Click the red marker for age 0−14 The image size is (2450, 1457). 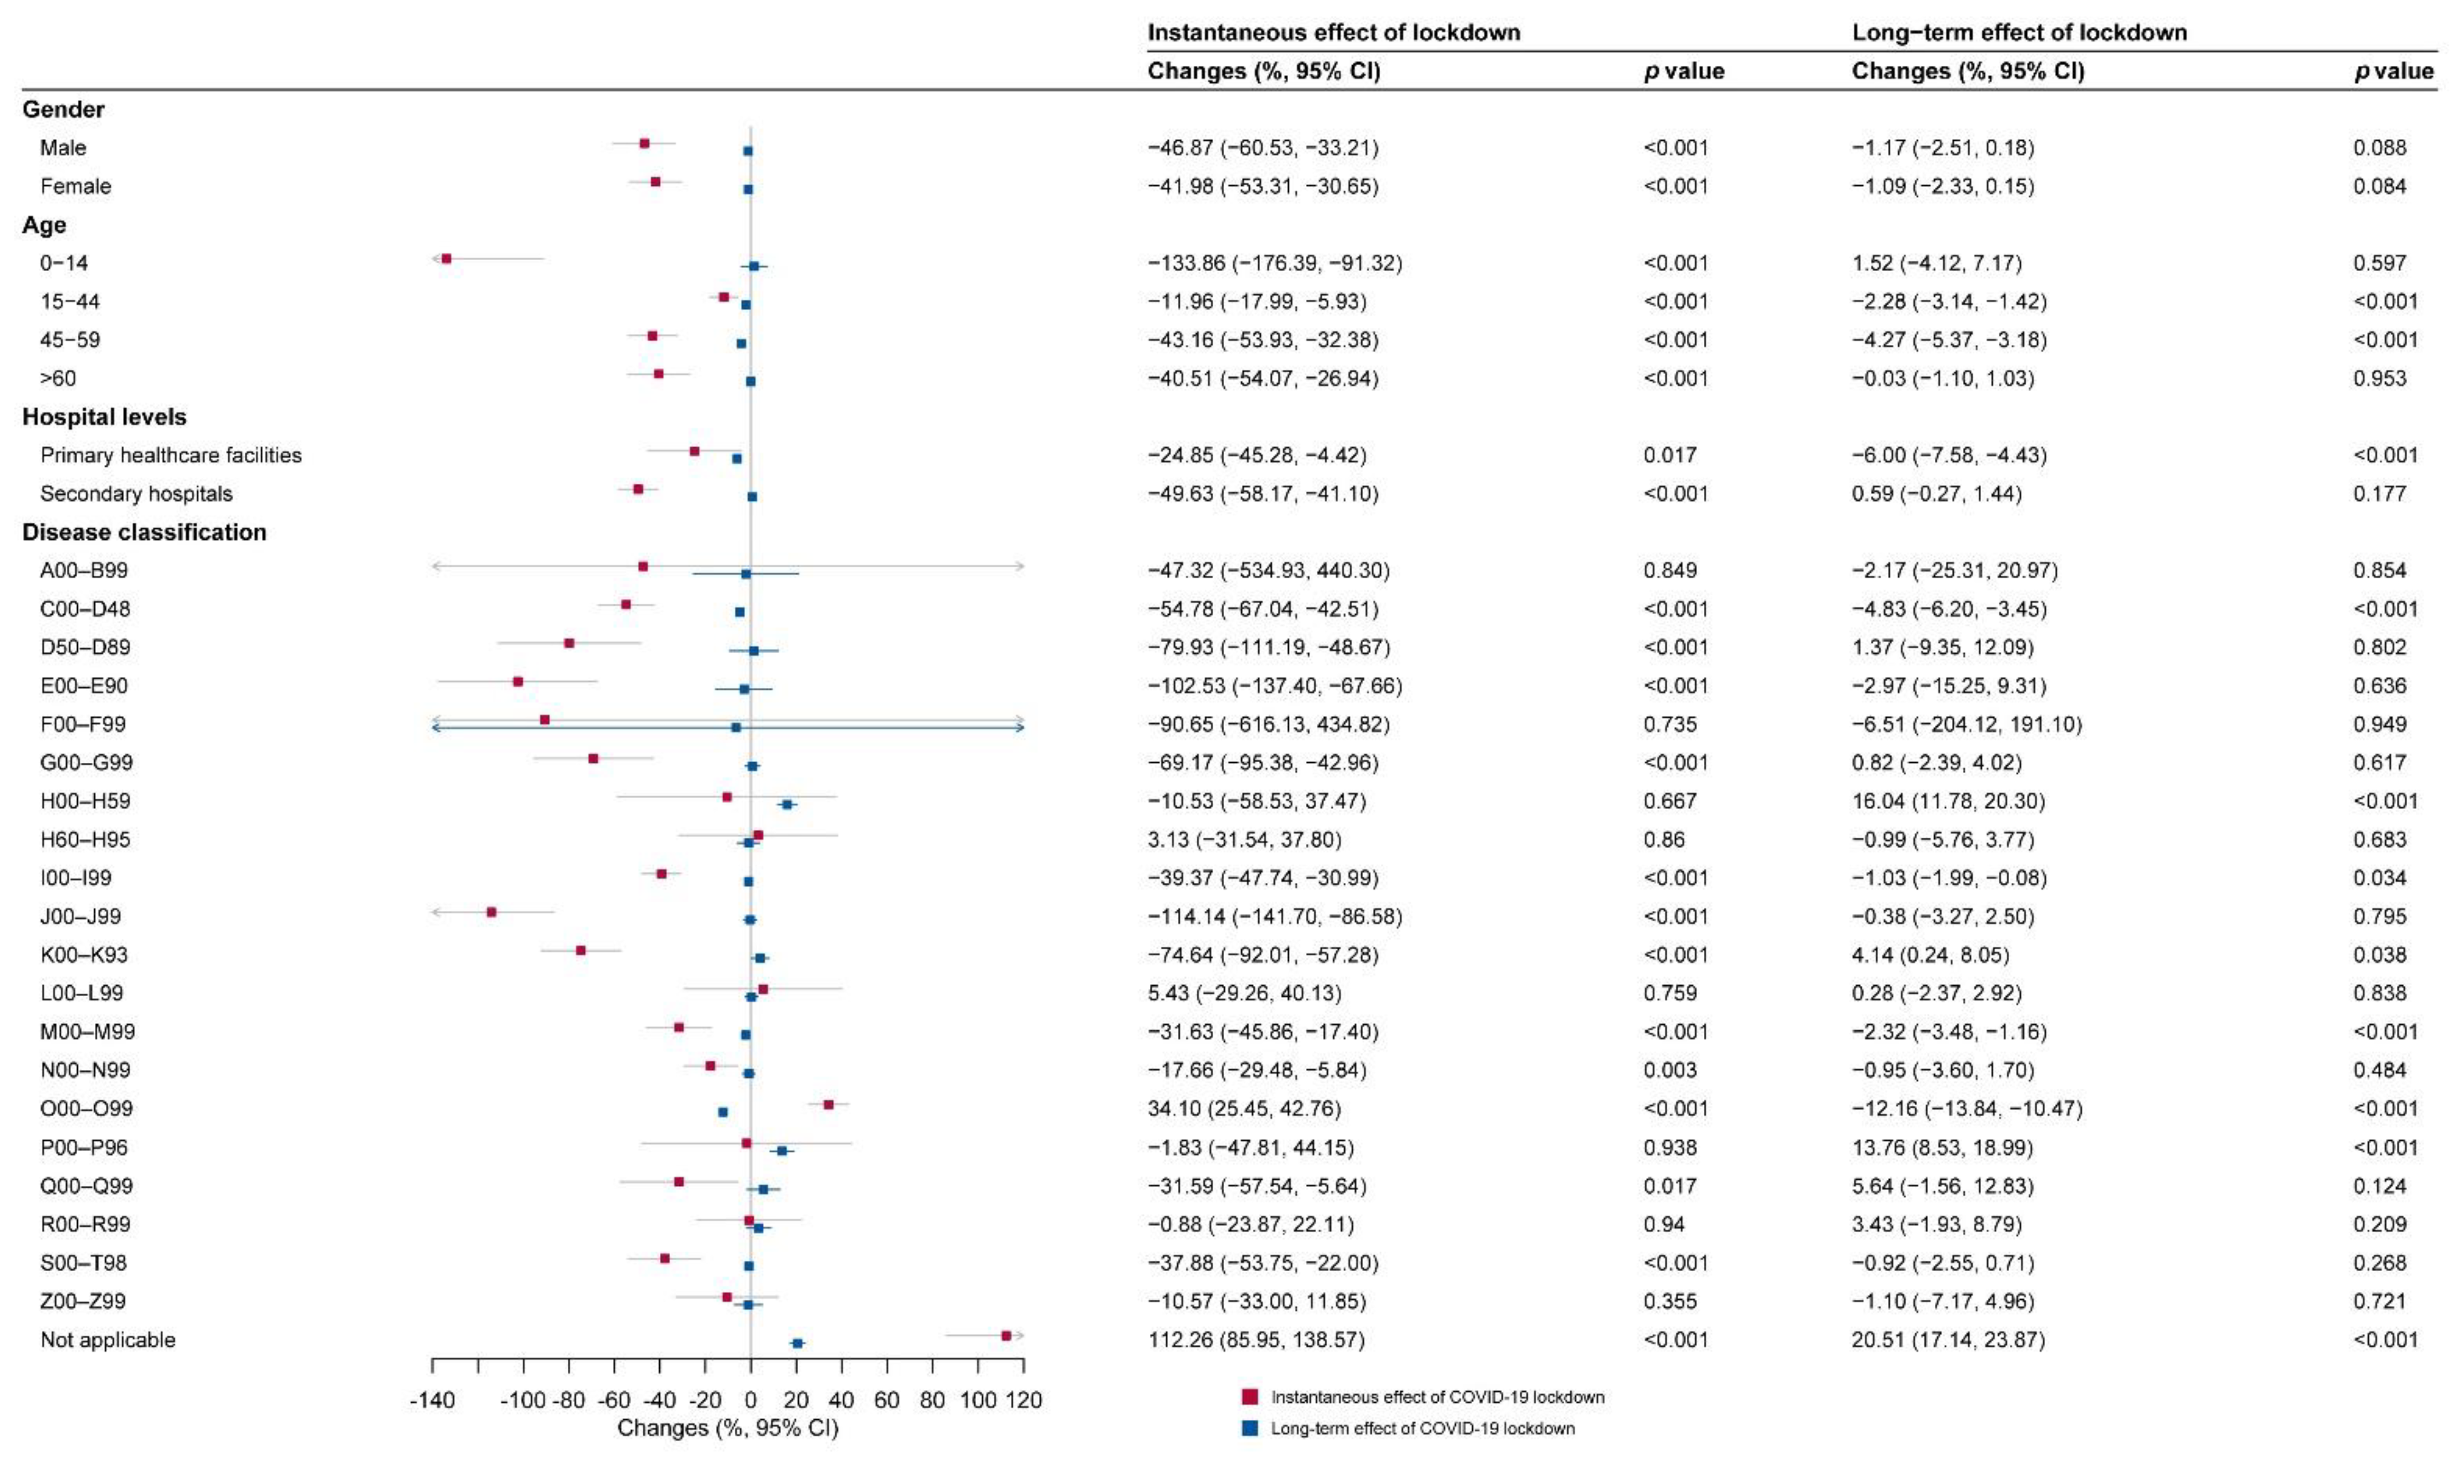[x=447, y=258]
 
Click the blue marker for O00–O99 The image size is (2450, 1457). [x=723, y=1112]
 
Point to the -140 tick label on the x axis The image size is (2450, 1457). [x=432, y=1400]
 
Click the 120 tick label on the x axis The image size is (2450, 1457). [x=1024, y=1400]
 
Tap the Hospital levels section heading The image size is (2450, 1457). [x=104, y=417]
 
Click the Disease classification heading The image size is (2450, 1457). [x=144, y=532]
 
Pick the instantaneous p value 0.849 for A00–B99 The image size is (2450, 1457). [x=1670, y=571]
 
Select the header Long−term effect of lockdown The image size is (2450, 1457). [x=2019, y=33]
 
